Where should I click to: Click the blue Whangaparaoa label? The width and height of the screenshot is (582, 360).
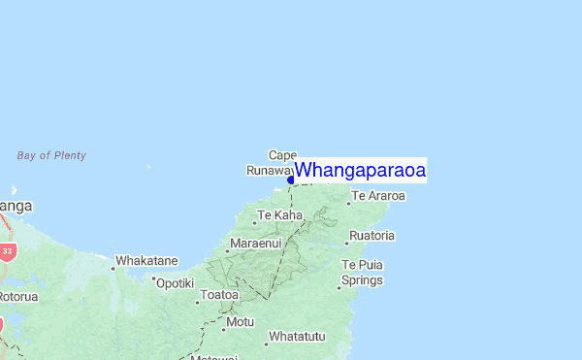(x=360, y=170)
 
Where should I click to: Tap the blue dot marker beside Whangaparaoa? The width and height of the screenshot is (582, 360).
(x=291, y=180)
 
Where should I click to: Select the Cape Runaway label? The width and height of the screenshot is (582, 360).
(x=271, y=163)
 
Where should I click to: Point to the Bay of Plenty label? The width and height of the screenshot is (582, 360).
(x=51, y=155)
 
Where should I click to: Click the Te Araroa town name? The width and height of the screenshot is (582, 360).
(x=378, y=196)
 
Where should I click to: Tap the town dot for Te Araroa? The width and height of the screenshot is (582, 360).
(x=349, y=203)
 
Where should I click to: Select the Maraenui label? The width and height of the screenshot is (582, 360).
(x=255, y=243)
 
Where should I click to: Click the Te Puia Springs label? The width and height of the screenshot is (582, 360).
(x=362, y=273)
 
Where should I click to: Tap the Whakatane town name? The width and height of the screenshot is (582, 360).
(x=146, y=261)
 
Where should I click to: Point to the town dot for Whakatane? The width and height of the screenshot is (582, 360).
(x=113, y=268)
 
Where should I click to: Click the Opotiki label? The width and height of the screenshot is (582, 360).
(x=176, y=282)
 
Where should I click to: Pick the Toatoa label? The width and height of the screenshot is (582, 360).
(x=219, y=295)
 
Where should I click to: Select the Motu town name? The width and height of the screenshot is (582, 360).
(x=240, y=321)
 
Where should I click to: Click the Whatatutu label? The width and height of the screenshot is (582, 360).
(x=297, y=337)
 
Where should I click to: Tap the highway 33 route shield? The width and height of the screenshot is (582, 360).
(x=7, y=251)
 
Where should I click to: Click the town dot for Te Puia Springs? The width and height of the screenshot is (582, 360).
(x=339, y=287)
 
